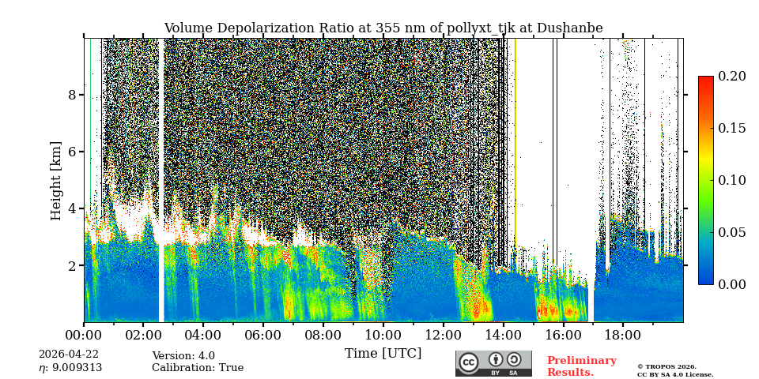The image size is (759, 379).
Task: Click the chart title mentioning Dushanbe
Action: click(383, 28)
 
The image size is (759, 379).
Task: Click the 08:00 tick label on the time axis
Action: click(323, 335)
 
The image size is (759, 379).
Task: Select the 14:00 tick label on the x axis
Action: click(503, 335)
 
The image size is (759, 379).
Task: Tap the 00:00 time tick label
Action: click(84, 335)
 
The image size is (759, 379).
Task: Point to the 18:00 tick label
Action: click(623, 335)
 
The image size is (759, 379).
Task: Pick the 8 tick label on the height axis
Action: click(72, 95)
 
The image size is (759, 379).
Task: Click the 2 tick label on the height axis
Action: click(72, 265)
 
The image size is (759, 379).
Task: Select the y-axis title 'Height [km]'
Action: click(56, 180)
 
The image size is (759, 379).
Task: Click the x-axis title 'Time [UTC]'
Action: click(383, 353)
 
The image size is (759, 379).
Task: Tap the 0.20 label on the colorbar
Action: click(732, 76)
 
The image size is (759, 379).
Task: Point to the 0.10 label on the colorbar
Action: click(732, 180)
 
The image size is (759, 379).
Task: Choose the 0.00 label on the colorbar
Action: click(732, 284)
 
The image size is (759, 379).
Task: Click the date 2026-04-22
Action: click(69, 355)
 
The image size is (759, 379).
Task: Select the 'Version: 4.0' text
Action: click(183, 356)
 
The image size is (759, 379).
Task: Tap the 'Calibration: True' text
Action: click(198, 368)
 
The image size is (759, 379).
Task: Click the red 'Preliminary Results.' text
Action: click(581, 366)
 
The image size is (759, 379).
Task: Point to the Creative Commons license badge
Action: click(493, 363)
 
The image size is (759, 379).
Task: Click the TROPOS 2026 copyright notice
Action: click(675, 370)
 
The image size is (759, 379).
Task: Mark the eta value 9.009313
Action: click(70, 368)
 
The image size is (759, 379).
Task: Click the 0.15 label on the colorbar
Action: click(732, 128)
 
